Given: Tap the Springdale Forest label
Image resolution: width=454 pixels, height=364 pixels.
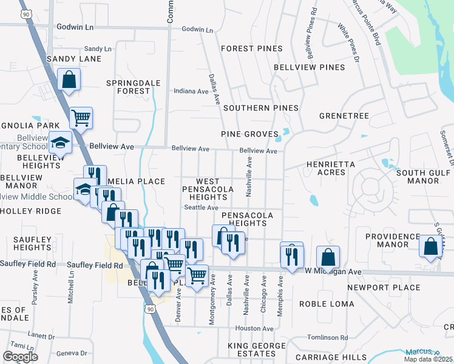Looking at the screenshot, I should point(128,87).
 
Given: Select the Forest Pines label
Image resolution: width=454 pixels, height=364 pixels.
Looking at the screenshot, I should point(252,49).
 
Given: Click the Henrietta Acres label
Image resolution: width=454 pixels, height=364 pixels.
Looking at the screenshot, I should point(334,168).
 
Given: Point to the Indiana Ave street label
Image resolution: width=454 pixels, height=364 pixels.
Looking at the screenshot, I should point(191,92).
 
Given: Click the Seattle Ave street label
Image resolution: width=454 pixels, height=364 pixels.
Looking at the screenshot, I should point(201,207).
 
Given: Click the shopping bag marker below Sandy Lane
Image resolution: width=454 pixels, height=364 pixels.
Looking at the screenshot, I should point(69,79).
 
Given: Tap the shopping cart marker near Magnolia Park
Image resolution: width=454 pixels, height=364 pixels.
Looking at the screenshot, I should point(81,118).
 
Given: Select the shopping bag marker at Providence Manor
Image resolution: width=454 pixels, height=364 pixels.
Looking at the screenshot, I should point(430,247).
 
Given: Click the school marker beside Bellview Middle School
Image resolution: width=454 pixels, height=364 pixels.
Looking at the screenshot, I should point(84,190).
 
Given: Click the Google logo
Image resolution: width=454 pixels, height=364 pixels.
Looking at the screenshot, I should point(20,357).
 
